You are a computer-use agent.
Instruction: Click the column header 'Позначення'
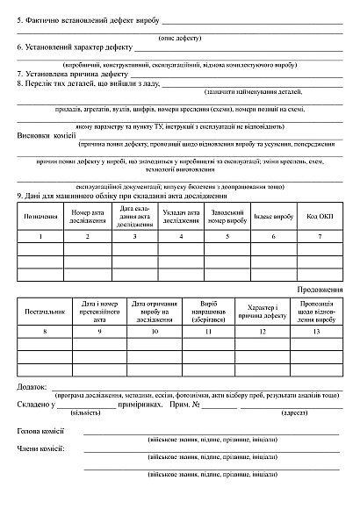[40, 216]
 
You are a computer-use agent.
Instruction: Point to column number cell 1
[40, 237]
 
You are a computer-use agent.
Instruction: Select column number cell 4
[181, 237]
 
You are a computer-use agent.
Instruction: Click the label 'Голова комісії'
[40, 431]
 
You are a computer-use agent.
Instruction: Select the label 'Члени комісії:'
[40, 448]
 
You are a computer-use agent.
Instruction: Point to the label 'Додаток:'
[33, 387]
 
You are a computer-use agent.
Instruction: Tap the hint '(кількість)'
[85, 411]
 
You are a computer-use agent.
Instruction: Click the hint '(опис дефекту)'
[179, 38]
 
